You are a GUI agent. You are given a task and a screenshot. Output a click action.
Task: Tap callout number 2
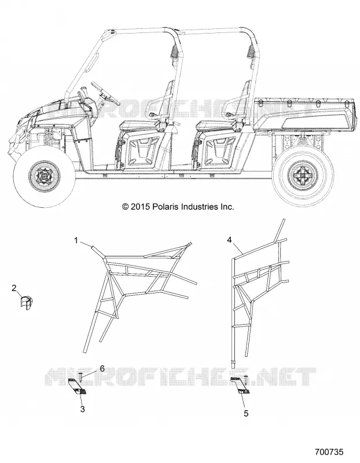(14, 288)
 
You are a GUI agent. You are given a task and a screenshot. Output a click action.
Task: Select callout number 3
(83, 409)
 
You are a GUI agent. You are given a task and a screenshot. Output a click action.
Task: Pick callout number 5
(246, 413)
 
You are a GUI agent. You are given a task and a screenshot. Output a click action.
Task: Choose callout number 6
(102, 368)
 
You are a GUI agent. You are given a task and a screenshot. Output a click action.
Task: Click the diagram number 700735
(329, 452)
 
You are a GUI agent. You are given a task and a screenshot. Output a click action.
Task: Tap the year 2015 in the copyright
(141, 207)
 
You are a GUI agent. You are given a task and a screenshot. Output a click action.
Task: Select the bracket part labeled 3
(78, 387)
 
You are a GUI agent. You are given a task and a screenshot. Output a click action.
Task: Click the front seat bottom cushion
(138, 126)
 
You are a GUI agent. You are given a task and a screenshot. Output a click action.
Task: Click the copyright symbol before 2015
(125, 207)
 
